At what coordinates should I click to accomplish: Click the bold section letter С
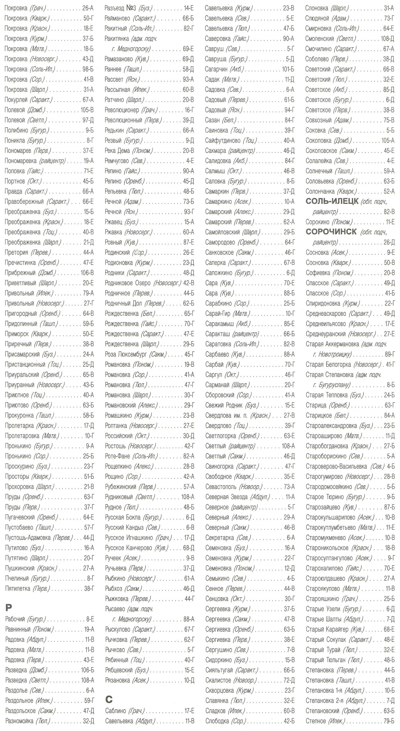[x=109, y=699]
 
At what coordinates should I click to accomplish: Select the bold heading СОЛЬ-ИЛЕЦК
[x=332, y=202]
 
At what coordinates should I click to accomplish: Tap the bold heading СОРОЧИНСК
[x=331, y=232]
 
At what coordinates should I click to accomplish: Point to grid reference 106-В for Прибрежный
[x=87, y=273]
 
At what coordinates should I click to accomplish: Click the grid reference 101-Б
[x=288, y=69]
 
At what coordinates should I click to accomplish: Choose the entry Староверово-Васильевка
[x=336, y=466]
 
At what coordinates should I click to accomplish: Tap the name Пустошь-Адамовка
[x=28, y=538]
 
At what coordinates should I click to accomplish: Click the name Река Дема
[x=117, y=151]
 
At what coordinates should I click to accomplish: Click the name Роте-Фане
[x=117, y=456]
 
